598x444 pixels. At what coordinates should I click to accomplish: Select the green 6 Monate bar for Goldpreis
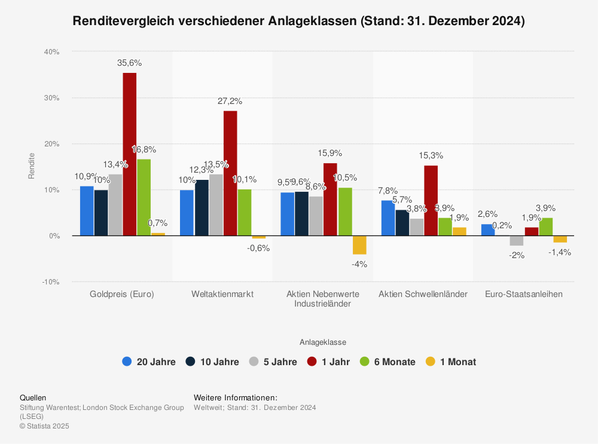144,197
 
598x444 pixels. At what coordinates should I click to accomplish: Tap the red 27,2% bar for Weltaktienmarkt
230,173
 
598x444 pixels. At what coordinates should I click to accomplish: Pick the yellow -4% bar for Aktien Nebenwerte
359,245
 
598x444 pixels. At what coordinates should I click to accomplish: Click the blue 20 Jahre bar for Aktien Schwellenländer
388,218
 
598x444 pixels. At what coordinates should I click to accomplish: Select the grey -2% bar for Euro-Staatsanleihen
517,241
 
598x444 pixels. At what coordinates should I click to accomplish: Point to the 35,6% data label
130,63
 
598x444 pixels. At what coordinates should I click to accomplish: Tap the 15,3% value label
431,155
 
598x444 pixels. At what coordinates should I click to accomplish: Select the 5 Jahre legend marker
254,362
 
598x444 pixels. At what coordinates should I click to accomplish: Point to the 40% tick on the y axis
51,52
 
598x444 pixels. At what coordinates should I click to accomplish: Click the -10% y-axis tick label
50,281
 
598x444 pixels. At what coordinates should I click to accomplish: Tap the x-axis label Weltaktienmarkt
222,294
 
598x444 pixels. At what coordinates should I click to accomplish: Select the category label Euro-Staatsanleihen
524,294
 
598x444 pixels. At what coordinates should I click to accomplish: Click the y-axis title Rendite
32,166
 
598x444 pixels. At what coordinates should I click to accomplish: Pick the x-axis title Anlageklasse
323,342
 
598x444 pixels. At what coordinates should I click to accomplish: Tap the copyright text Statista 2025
44,426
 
